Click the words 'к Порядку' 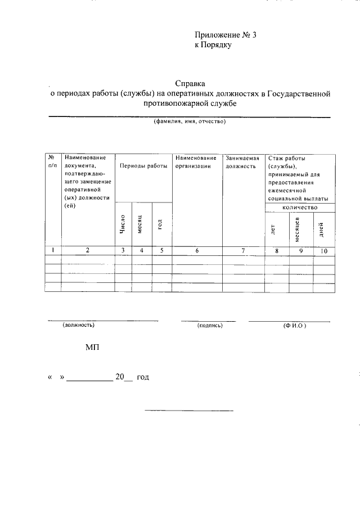[x=213, y=45]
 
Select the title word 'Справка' [x=190, y=83]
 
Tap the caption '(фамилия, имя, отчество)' [x=190, y=121]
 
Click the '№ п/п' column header [x=52, y=161]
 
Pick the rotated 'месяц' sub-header [x=141, y=224]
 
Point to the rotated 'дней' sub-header [x=321, y=229]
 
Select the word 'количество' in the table [x=300, y=207]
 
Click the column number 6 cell [x=197, y=250]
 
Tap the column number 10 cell [x=323, y=250]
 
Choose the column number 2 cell [x=88, y=250]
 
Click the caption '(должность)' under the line [x=79, y=325]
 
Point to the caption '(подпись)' [x=210, y=325]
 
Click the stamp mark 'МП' [x=92, y=349]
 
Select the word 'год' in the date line [x=142, y=378]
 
